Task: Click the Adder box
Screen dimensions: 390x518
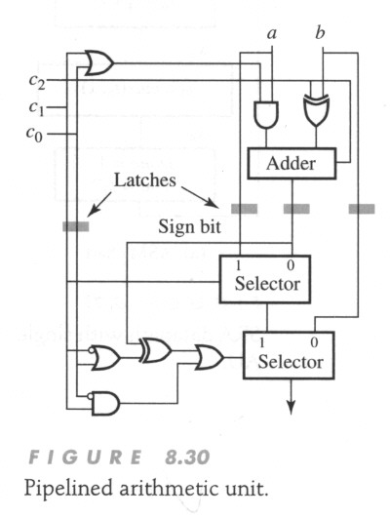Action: pos(292,164)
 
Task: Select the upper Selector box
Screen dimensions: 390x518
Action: pos(265,279)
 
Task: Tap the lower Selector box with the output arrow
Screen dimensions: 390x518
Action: pos(289,355)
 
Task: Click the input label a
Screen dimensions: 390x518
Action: pos(271,33)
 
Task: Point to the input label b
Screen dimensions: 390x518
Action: pos(320,32)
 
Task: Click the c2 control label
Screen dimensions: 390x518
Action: pos(37,81)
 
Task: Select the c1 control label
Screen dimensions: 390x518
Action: pos(36,108)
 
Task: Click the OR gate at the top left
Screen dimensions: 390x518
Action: pos(99,62)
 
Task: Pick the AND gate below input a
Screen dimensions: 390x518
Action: pos(266,114)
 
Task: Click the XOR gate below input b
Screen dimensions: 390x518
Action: pos(316,110)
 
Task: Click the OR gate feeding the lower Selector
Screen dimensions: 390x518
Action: pos(210,357)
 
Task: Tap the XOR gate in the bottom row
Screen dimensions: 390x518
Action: pos(156,350)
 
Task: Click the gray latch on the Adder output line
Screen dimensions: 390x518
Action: pos(296,209)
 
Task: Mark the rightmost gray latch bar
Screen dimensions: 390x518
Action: pos(362,209)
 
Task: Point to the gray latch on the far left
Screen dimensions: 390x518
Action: pos(76,226)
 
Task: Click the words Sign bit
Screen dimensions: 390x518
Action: pos(189,227)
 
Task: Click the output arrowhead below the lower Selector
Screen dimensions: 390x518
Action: pos(291,407)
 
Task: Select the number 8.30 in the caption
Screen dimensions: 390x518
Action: pos(187,458)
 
